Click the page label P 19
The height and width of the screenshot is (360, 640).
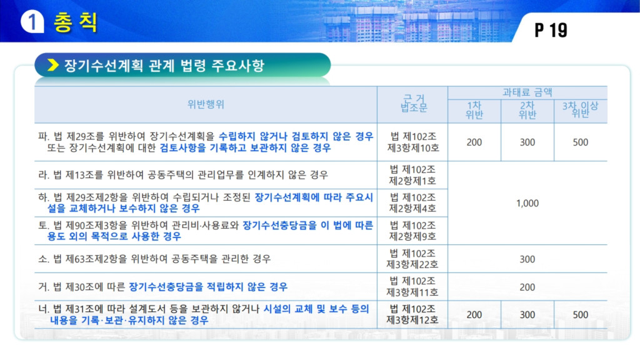pos(551,30)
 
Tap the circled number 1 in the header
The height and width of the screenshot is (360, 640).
pos(32,22)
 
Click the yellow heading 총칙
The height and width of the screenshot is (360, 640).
pos(76,22)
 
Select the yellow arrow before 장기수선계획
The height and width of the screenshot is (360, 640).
pos(53,65)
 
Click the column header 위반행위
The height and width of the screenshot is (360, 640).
pos(206,104)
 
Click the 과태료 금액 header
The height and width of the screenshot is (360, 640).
pos(527,92)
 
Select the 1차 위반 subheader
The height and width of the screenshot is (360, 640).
pos(474,110)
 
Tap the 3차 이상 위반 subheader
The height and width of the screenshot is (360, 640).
pos(580,109)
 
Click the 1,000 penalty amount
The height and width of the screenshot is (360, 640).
pos(527,203)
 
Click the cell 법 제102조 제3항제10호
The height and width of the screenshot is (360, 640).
pos(413,142)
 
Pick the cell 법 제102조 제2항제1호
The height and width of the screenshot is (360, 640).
pos(412,175)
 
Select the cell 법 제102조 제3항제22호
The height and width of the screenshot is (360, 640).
pos(412,259)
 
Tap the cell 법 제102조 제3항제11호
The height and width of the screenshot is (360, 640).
pos(412,286)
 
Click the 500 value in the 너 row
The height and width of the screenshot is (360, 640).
pos(581,315)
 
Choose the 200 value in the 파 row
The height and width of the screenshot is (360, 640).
pos(474,142)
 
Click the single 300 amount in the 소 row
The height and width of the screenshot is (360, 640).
pos(527,259)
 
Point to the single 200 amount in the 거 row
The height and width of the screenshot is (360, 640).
pos(527,287)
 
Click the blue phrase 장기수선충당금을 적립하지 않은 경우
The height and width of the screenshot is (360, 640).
pos(208,287)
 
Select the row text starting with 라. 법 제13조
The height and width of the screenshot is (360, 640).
pos(183,175)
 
